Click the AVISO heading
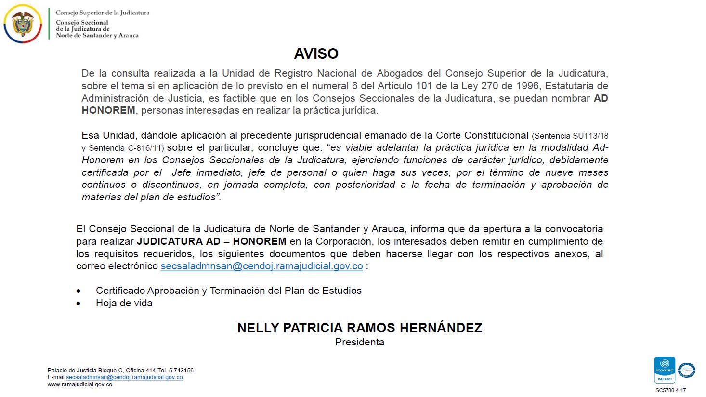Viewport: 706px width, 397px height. [x=316, y=53]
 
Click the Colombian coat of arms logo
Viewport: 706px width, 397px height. [x=22, y=24]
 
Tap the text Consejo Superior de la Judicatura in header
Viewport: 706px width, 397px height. [x=103, y=13]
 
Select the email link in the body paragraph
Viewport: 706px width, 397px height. [x=261, y=266]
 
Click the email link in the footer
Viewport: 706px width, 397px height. [x=124, y=377]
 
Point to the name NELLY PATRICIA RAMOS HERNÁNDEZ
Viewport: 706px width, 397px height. [x=359, y=328]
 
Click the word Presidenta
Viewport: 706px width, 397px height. [x=359, y=342]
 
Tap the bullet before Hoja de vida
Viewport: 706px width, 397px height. [x=78, y=304]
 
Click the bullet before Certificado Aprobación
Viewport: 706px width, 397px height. [x=78, y=291]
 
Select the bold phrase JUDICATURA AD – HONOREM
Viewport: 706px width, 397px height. [x=211, y=241]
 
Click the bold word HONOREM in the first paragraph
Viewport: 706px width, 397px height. [x=108, y=110]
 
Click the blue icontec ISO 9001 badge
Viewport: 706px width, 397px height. [x=664, y=370]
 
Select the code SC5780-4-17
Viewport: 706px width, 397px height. [x=670, y=391]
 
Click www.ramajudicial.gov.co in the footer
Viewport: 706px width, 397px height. [x=79, y=384]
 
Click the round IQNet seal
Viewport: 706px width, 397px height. [x=686, y=370]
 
